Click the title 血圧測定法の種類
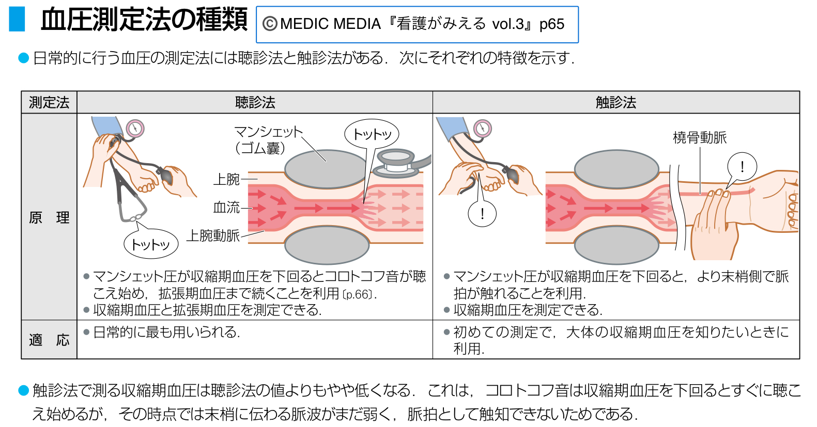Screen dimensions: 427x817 pyautogui.click(x=144, y=21)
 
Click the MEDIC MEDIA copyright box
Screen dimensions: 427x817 pyautogui.click(x=417, y=24)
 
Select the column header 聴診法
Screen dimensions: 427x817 pyautogui.click(x=255, y=102)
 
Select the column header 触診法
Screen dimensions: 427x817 pyautogui.click(x=615, y=102)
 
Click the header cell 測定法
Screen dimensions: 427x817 pyautogui.click(x=49, y=102)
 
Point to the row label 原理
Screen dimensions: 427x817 pyautogui.click(x=49, y=217)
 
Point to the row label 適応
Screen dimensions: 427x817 pyautogui.click(x=49, y=340)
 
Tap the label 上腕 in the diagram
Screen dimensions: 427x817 pyautogui.click(x=227, y=179)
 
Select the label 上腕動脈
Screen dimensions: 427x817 pyautogui.click(x=213, y=235)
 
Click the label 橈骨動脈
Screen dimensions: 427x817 pyautogui.click(x=700, y=137)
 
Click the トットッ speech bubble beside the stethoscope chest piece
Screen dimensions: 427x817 pyautogui.click(x=372, y=135)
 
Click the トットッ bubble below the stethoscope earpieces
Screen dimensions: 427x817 pyautogui.click(x=151, y=244)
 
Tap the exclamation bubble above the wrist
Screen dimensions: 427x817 pyautogui.click(x=742, y=166)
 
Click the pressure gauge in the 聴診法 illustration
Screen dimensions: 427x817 pyautogui.click(x=135, y=128)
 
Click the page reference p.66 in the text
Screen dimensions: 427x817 pyautogui.click(x=358, y=294)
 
